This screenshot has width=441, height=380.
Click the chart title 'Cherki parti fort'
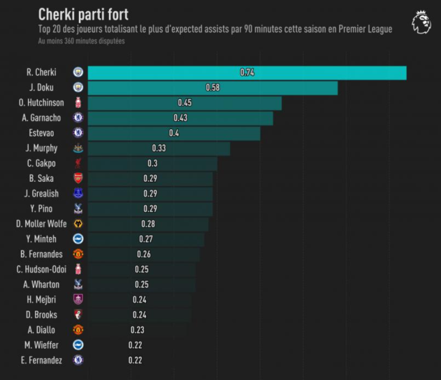coord(83,14)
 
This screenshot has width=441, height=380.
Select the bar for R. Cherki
coord(247,72)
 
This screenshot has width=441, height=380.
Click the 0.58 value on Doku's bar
coord(213,88)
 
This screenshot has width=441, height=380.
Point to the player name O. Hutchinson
coord(41,103)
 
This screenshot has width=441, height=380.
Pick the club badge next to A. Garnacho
coord(78,117)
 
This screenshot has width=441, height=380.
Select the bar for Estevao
coord(174,133)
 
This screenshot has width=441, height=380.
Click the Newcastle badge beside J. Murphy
coord(78,148)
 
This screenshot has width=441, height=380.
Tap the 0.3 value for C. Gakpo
coord(153,163)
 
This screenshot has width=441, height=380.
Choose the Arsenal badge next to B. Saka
coord(78,179)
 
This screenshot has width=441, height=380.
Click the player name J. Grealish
coord(42,193)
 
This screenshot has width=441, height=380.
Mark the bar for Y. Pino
coord(150,209)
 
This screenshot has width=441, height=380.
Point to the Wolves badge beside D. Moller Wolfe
coord(78,224)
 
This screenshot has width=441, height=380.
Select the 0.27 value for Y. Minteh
coord(146,239)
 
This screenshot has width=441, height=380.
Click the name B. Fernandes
coord(41,254)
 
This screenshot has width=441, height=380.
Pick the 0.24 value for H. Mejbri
coord(140,300)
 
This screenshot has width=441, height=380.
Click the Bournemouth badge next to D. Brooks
coord(78,315)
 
